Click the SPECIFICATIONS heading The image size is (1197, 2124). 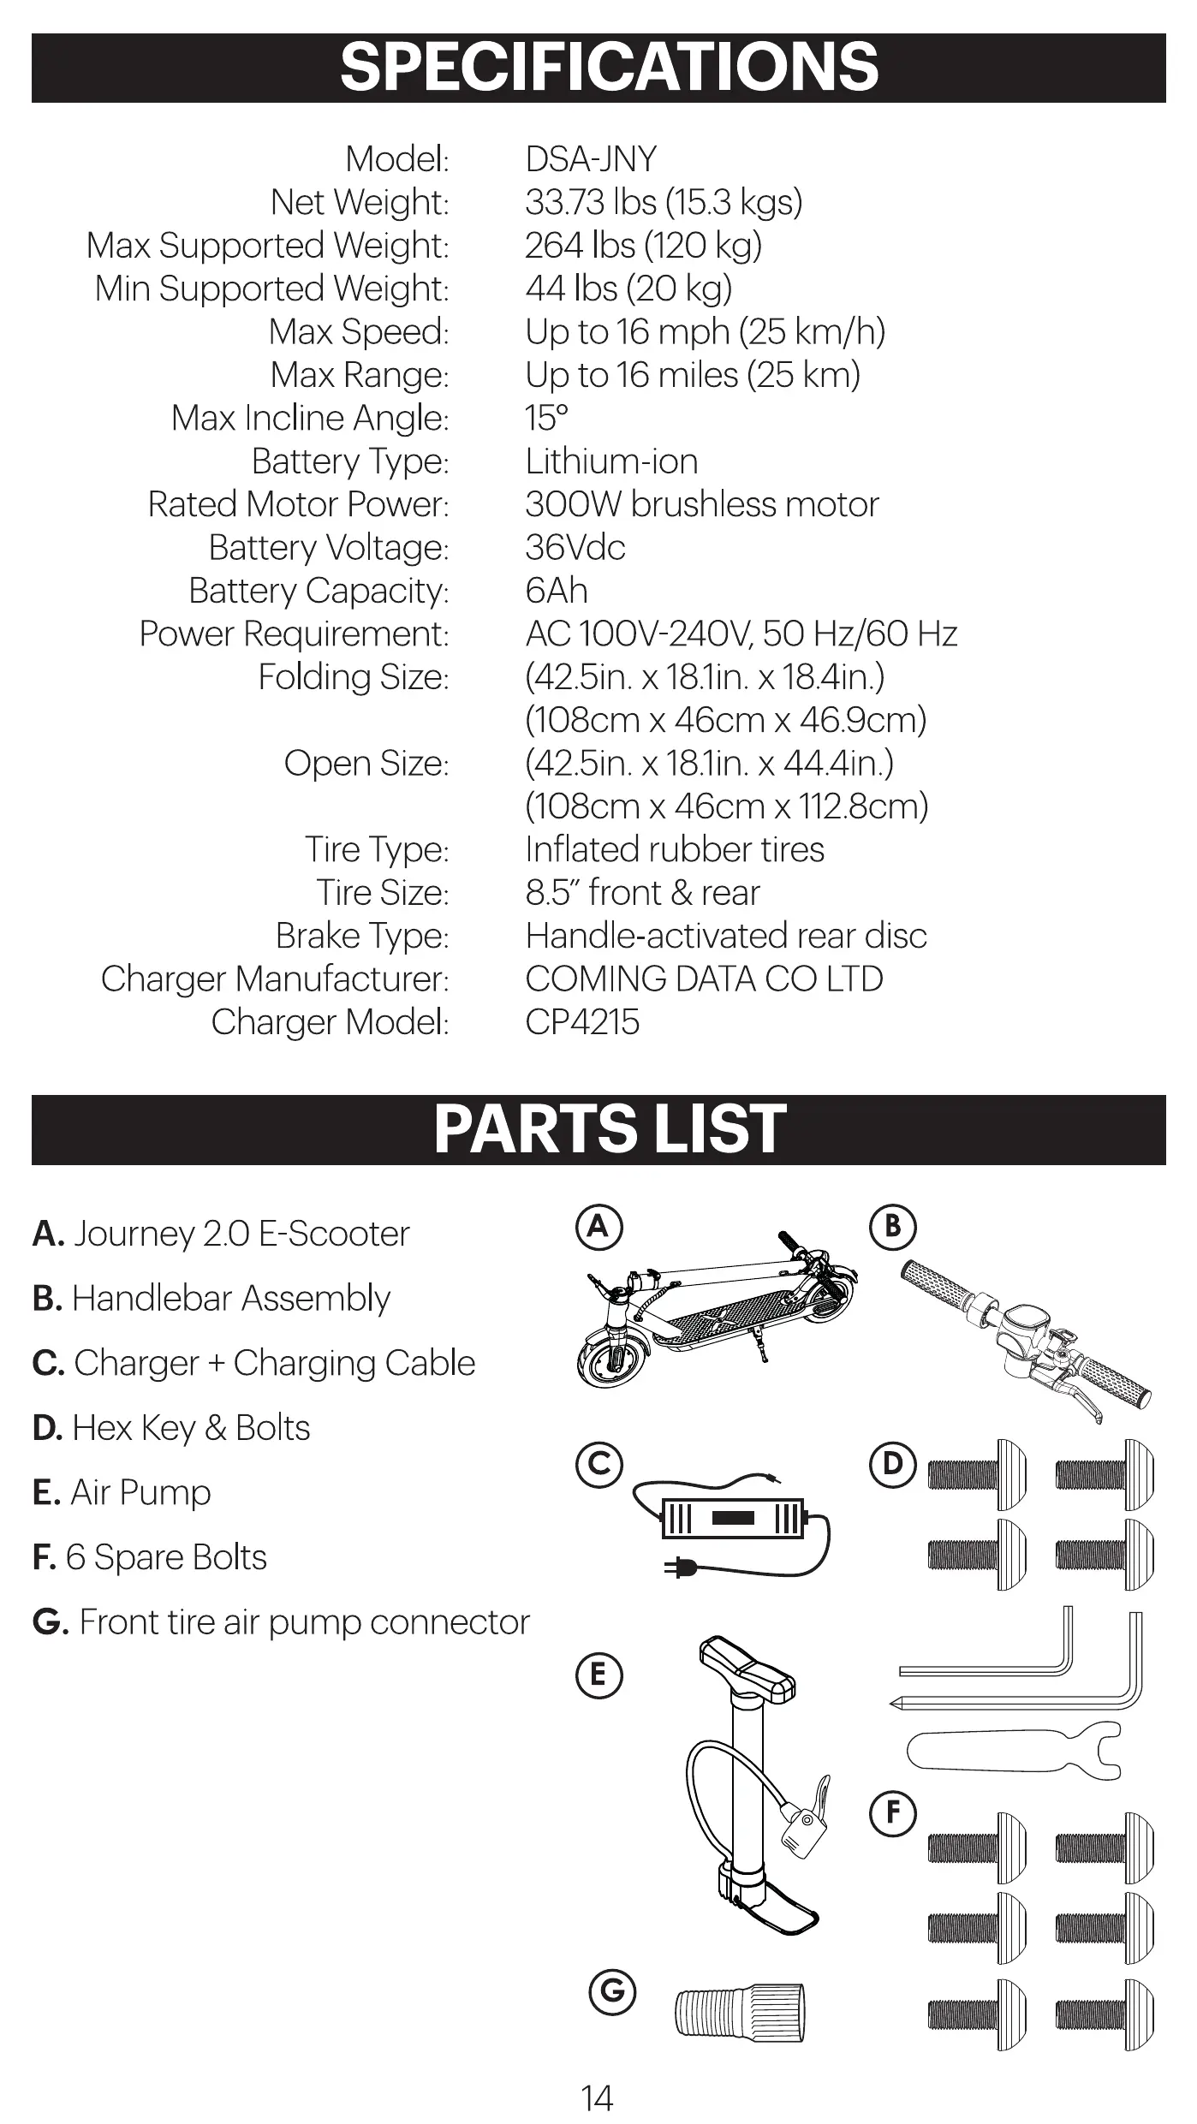609,68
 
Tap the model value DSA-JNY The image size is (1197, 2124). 591,159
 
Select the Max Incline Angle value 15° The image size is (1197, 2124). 546,419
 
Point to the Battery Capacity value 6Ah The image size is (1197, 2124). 557,591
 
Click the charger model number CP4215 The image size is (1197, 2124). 582,1022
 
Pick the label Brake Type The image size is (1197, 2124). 361,937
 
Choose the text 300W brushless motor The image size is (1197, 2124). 701,504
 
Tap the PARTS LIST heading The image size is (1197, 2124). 609,1129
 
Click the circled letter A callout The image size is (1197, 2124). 598,1227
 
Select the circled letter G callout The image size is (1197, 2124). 613,1991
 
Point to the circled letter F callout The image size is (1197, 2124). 893,1812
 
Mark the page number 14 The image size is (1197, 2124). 597,2098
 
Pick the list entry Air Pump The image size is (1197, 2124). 122,1492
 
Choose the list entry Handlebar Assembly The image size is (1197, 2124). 211,1299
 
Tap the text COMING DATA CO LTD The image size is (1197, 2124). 704,979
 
